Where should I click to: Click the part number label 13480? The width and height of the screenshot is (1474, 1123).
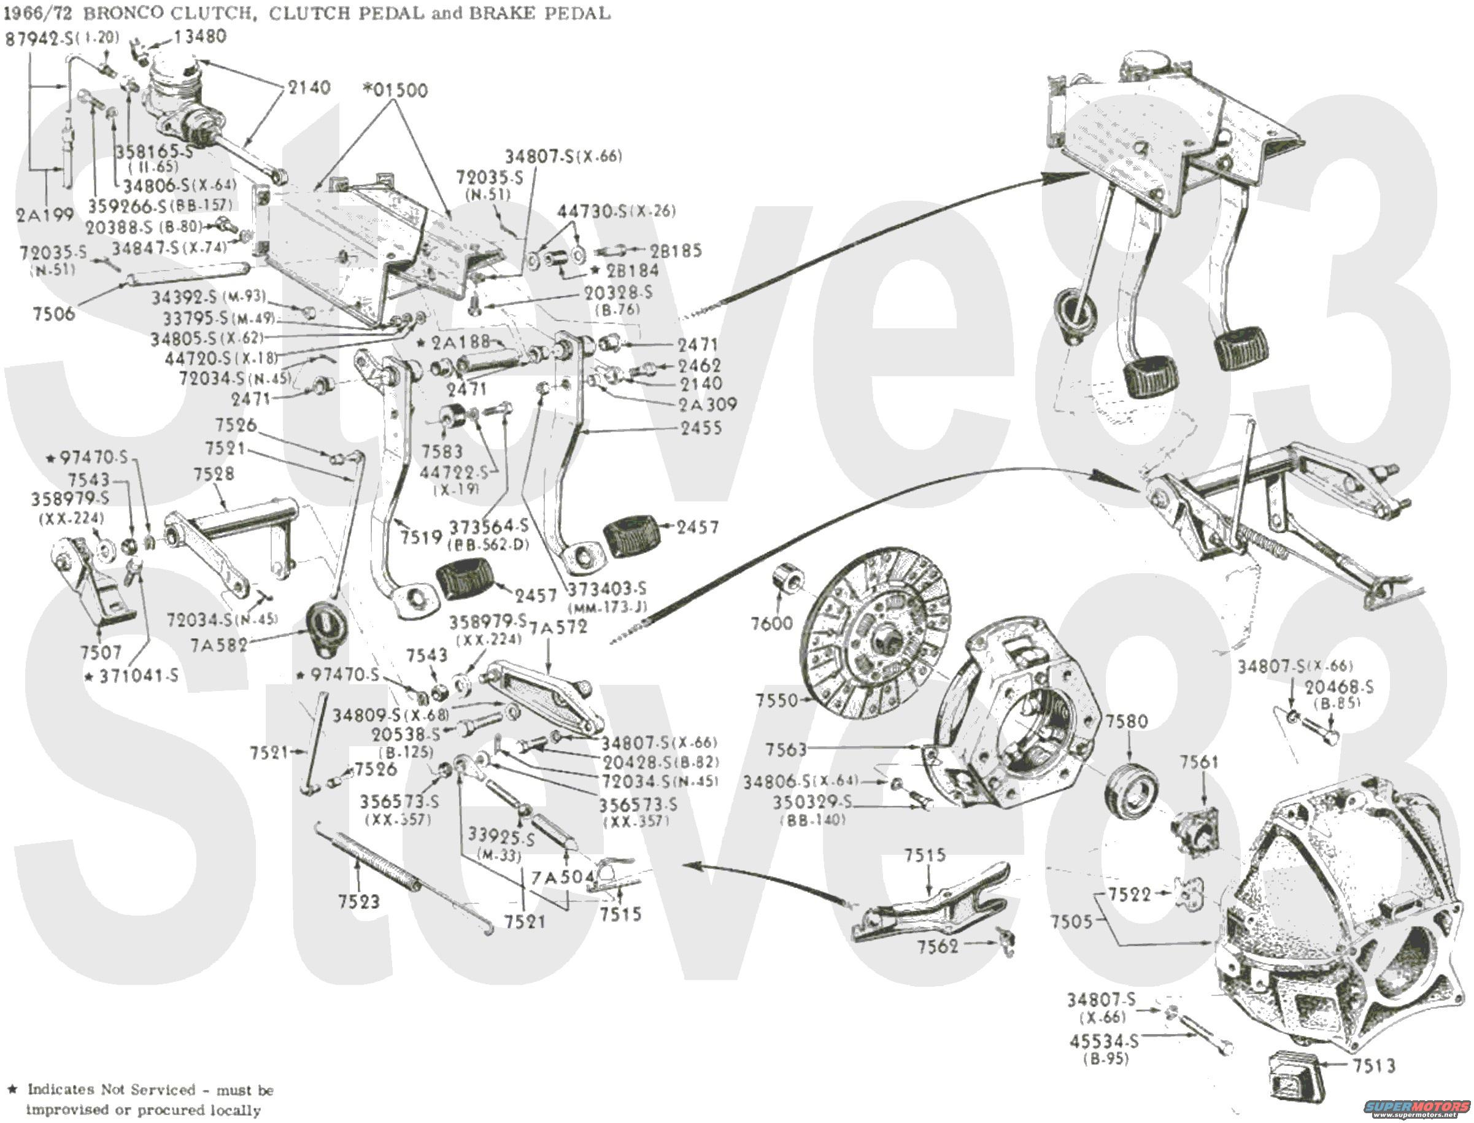(200, 36)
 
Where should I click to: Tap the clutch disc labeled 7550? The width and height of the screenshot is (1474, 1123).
(876, 635)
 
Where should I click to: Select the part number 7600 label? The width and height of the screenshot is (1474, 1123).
(771, 623)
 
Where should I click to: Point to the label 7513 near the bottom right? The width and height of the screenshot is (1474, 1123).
(1375, 1065)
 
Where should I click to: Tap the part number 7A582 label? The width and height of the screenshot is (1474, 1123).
(218, 645)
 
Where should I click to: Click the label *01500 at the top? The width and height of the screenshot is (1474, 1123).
(395, 90)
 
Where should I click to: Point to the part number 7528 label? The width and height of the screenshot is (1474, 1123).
(214, 474)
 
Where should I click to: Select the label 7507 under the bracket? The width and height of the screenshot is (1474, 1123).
(100, 652)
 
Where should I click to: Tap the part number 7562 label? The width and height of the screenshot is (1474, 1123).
(937, 946)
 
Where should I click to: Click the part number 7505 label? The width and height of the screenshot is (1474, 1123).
(1071, 921)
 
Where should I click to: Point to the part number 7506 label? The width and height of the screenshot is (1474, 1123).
(53, 313)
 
